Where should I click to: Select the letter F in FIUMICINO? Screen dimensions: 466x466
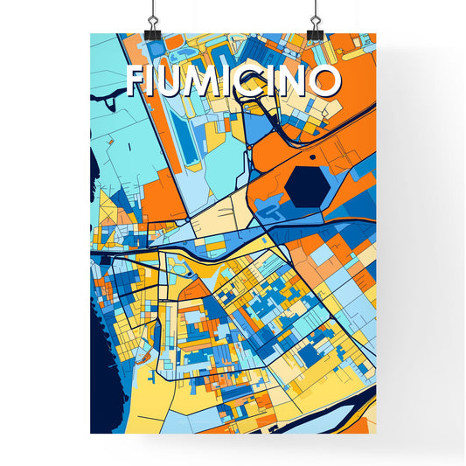tap(137, 80)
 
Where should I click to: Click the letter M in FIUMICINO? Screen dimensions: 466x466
tap(209, 80)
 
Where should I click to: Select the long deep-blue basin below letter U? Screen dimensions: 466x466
tap(185, 140)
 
